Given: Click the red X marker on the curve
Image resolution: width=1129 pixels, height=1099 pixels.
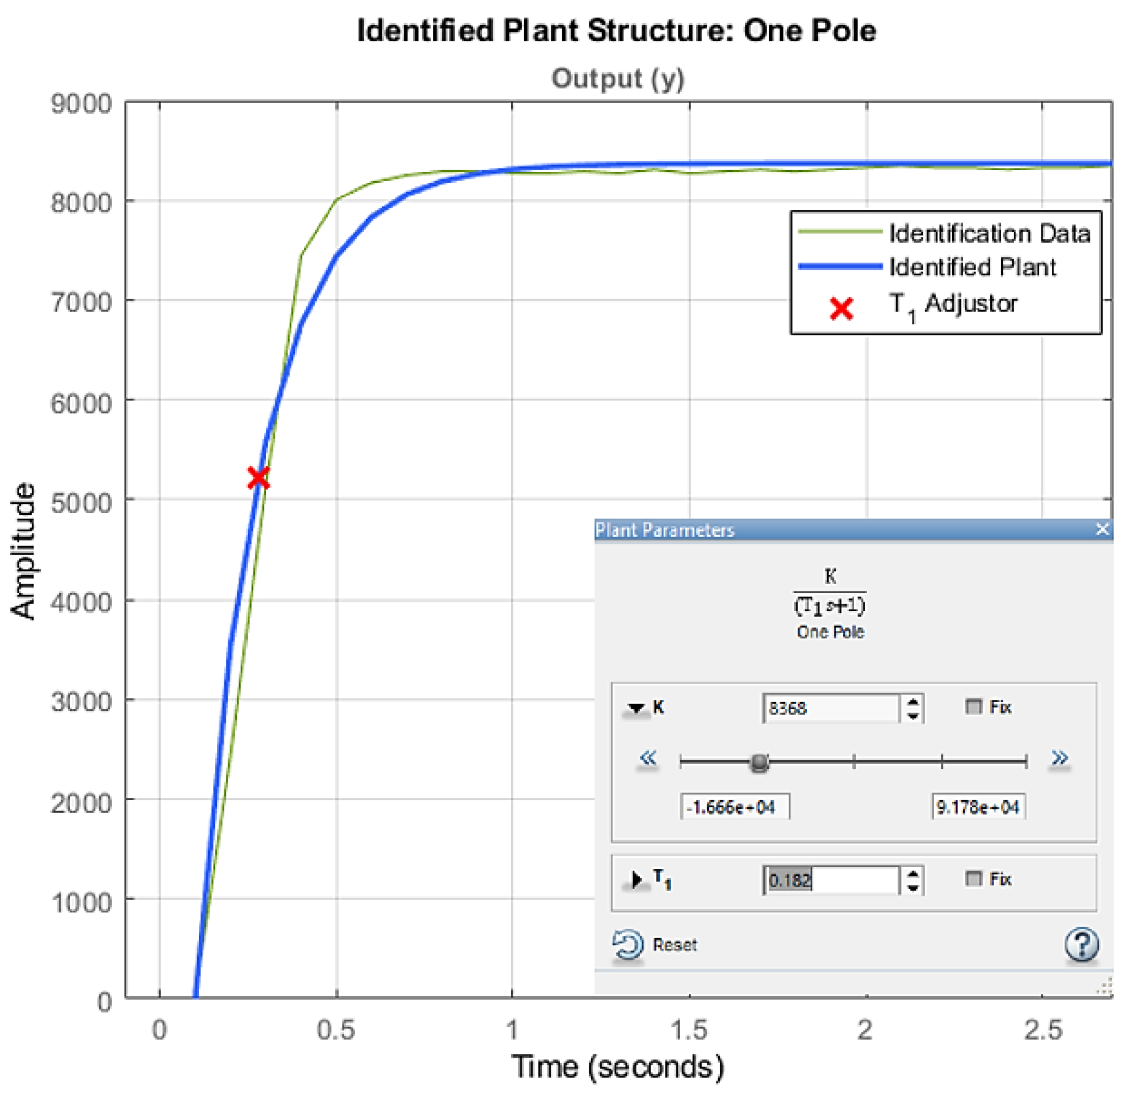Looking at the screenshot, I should click(x=258, y=478).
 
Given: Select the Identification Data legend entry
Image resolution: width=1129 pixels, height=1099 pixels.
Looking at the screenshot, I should click(x=989, y=233).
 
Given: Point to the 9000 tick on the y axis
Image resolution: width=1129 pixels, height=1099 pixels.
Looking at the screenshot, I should click(x=81, y=105).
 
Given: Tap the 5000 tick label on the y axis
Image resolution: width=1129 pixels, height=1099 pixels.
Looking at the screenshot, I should click(x=81, y=503).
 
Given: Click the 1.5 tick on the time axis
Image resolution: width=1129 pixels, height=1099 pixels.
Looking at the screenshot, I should click(x=689, y=1030).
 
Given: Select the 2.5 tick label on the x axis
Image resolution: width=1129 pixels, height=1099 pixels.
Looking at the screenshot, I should click(x=1043, y=1030).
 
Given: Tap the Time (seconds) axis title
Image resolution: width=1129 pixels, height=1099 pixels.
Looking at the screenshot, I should click(x=617, y=1067).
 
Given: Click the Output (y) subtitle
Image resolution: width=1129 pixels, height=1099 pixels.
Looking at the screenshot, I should click(x=617, y=79).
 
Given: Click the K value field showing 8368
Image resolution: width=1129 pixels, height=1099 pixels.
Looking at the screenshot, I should click(x=830, y=708).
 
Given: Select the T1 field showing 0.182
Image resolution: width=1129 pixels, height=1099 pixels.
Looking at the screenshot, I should click(x=830, y=880).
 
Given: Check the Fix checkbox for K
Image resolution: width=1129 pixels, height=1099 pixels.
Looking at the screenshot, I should click(x=973, y=706).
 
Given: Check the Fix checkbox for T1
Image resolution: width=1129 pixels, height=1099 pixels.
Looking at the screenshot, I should click(x=973, y=879).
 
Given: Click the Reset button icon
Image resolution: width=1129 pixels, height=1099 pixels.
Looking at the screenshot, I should click(x=627, y=945).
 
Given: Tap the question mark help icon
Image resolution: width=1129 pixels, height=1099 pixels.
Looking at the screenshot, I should click(x=1081, y=945).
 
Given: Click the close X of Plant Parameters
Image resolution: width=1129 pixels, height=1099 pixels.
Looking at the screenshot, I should click(x=1102, y=529).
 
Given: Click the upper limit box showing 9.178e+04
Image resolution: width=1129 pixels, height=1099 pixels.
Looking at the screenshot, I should click(x=978, y=807).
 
